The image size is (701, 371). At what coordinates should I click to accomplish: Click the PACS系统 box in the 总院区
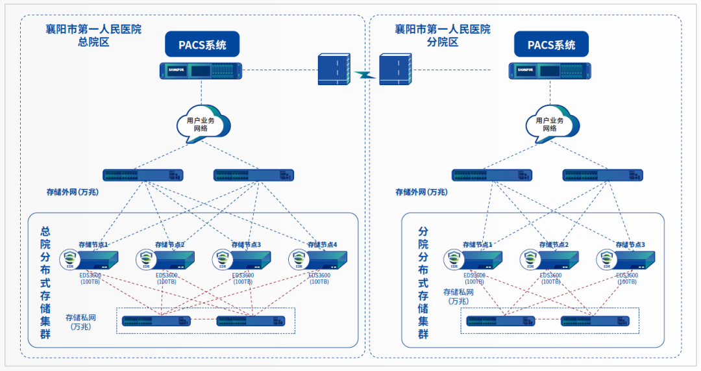[x=203, y=45]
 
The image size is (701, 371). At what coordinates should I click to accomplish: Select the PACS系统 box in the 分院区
[x=551, y=45]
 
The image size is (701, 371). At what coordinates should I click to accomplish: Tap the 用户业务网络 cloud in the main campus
[x=202, y=123]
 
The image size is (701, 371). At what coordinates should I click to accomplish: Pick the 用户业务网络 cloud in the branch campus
[x=550, y=123]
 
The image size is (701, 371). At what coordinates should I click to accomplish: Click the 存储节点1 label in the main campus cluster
[x=93, y=245]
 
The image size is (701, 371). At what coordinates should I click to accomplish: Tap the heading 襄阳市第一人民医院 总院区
[x=93, y=36]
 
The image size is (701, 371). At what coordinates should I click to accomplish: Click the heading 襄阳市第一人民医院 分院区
[x=442, y=36]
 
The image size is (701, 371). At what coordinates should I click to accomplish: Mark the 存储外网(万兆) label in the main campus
[x=71, y=192]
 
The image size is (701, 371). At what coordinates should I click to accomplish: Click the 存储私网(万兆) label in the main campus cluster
[x=81, y=322]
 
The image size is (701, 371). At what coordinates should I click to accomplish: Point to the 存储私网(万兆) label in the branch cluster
[x=458, y=296]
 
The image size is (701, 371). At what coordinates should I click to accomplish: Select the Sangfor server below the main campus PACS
[x=201, y=70]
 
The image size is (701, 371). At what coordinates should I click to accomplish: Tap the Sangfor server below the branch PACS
[x=551, y=70]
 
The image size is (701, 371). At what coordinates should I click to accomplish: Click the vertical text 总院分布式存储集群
[x=45, y=283]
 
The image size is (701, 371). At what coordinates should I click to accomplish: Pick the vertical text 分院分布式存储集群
[x=423, y=283]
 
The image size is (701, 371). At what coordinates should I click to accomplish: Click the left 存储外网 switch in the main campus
[x=143, y=175]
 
